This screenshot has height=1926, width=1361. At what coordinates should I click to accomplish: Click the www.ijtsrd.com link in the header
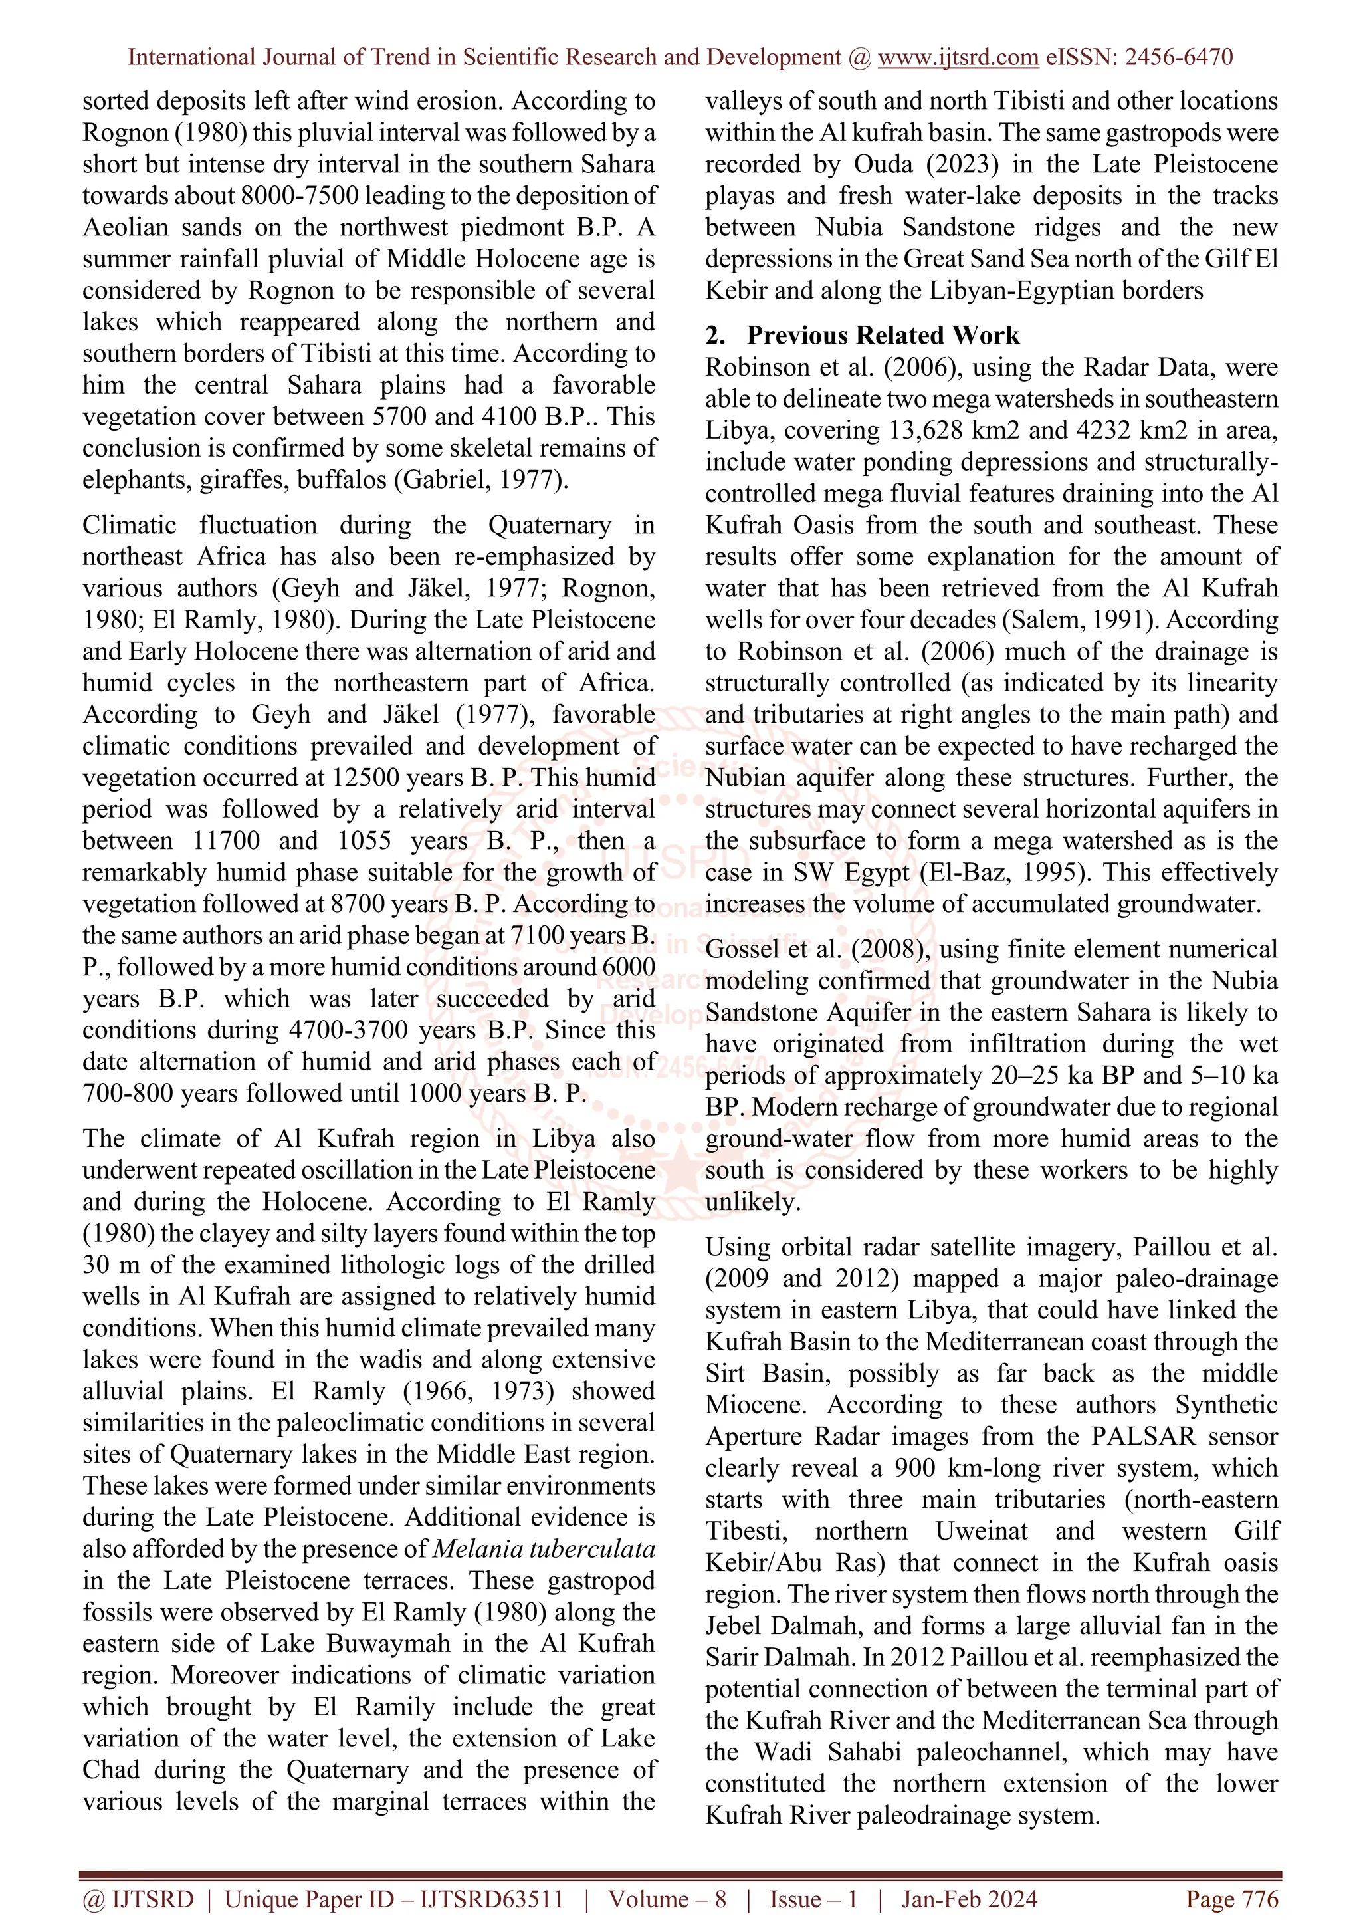coord(958,57)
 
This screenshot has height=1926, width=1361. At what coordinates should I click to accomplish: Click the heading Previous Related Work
coord(883,336)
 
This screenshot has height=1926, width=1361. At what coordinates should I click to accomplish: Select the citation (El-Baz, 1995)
coord(1006,872)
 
